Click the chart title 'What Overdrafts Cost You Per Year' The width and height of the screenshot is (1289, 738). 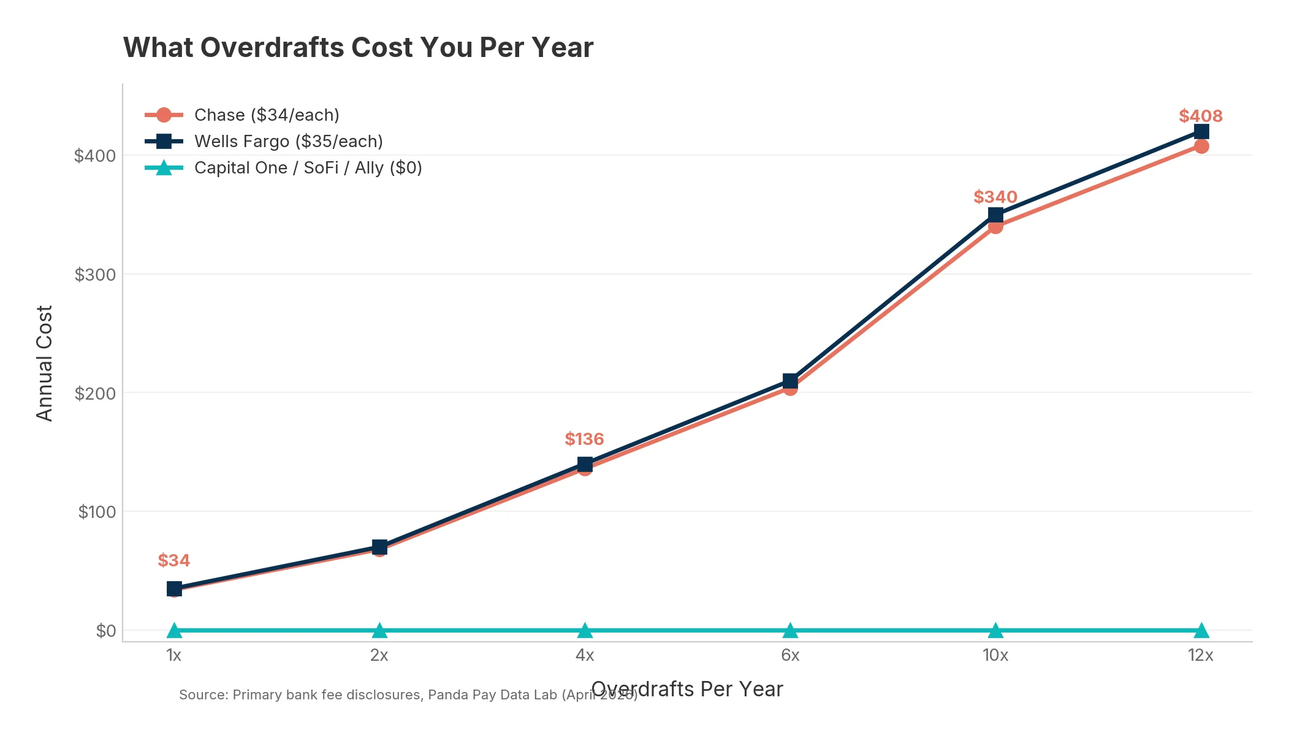pyautogui.click(x=358, y=48)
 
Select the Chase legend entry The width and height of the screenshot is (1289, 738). pyautogui.click(x=267, y=115)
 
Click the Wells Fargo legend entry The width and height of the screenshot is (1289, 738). pyautogui.click(x=288, y=142)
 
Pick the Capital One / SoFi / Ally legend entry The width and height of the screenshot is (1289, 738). pyautogui.click(x=308, y=168)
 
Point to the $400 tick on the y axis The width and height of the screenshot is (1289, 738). pyautogui.click(x=95, y=156)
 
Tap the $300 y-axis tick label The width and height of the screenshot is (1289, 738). pyautogui.click(x=95, y=275)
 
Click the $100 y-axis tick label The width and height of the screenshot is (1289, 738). pyautogui.click(x=97, y=512)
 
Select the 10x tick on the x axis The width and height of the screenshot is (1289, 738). pyautogui.click(x=995, y=655)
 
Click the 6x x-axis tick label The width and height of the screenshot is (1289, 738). pyautogui.click(x=790, y=655)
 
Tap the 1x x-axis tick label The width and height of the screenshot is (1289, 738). pyautogui.click(x=174, y=655)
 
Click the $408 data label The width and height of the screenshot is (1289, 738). pyautogui.click(x=1200, y=116)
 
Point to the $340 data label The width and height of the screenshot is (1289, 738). pyautogui.click(x=995, y=197)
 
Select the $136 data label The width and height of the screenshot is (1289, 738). pyautogui.click(x=584, y=439)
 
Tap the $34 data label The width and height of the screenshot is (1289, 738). pyautogui.click(x=173, y=560)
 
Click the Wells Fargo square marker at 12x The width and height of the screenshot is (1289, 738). pyautogui.click(x=1201, y=131)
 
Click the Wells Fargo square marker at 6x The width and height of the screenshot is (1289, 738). pyautogui.click(x=790, y=380)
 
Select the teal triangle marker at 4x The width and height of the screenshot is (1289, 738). pyautogui.click(x=585, y=630)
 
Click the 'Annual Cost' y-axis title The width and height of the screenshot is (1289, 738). pyautogui.click(x=45, y=363)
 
